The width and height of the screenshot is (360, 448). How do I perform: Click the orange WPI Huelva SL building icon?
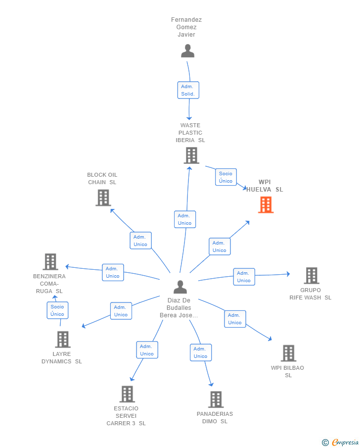click(x=266, y=204)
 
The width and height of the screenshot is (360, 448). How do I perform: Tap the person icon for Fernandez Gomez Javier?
click(x=187, y=51)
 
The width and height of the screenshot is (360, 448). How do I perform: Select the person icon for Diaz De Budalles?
click(x=180, y=287)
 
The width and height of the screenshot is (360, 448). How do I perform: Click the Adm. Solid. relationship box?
click(x=188, y=90)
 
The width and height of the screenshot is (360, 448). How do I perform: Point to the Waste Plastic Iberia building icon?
click(x=191, y=155)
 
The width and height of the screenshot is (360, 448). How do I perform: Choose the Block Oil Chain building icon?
click(x=103, y=198)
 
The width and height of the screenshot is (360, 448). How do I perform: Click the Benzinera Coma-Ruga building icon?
click(x=50, y=262)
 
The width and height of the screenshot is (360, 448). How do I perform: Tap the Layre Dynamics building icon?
click(x=62, y=340)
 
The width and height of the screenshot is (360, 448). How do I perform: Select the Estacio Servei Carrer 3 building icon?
click(x=127, y=394)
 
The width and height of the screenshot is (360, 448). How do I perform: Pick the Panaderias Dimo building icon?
click(x=216, y=399)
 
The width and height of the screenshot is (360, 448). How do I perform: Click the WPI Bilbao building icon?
click(x=288, y=353)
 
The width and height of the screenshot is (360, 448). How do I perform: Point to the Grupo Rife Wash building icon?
click(x=312, y=275)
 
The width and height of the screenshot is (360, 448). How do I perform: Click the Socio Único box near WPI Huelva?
click(x=226, y=177)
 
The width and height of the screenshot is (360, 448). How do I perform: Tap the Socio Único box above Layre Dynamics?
click(x=57, y=310)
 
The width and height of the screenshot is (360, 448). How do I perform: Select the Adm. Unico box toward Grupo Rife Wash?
click(x=244, y=277)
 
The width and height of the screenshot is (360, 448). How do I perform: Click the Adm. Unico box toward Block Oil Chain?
click(x=140, y=241)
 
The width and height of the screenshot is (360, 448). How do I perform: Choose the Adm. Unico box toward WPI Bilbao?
click(x=235, y=319)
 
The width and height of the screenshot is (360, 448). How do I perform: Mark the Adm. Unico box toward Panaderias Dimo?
click(x=201, y=352)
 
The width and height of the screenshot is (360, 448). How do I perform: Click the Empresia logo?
click(x=340, y=442)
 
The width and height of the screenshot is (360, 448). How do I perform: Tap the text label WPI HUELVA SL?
click(x=265, y=186)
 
